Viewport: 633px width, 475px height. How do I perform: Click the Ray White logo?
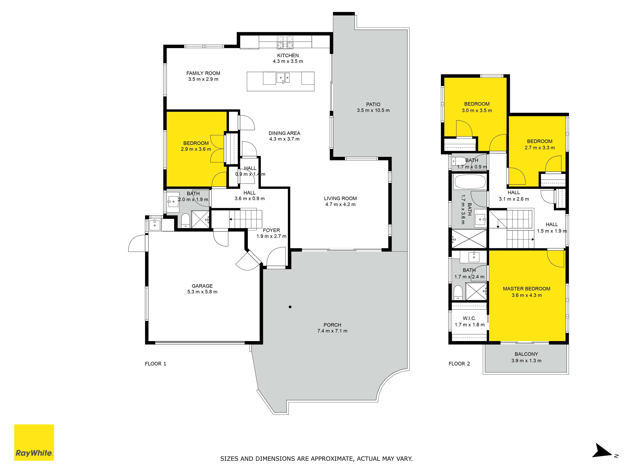pyautogui.click(x=34, y=442)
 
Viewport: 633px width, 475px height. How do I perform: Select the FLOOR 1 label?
pyautogui.click(x=155, y=364)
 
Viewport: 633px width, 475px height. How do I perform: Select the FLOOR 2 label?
pyautogui.click(x=459, y=364)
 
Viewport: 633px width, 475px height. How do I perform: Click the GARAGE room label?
pyautogui.click(x=202, y=286)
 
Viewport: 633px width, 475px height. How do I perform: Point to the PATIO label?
pyautogui.click(x=373, y=104)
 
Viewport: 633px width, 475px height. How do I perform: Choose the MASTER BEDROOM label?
pyautogui.click(x=526, y=289)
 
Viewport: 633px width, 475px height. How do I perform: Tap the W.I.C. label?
pyautogui.click(x=469, y=318)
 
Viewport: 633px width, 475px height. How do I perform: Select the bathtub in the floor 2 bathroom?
pyautogui.click(x=470, y=181)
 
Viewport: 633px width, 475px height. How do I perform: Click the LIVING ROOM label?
pyautogui.click(x=340, y=198)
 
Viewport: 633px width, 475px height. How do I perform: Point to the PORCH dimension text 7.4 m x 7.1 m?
pyautogui.click(x=332, y=331)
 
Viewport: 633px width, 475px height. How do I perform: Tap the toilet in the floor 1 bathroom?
pyautogui.click(x=185, y=220)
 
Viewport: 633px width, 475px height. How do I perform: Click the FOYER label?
pyautogui.click(x=271, y=230)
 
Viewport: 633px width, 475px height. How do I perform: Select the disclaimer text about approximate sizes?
pyautogui.click(x=316, y=458)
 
